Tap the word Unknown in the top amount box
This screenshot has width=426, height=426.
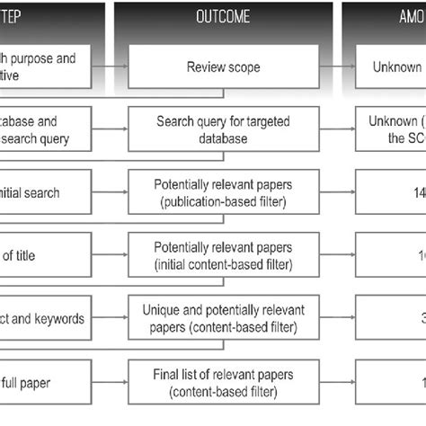tap(396, 66)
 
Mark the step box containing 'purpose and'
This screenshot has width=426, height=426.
tap(45, 66)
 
